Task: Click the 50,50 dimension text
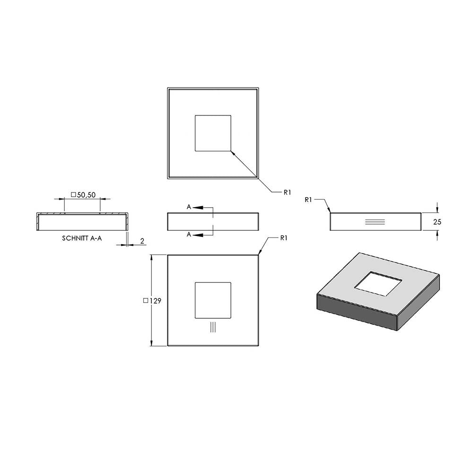[x=86, y=195]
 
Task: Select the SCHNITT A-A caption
[x=82, y=238]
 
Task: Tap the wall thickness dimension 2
[x=142, y=241]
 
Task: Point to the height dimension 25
[x=437, y=222]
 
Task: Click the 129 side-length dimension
[x=155, y=301]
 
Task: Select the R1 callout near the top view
[x=287, y=193]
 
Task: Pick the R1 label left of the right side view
[x=308, y=200]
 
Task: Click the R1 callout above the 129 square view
[x=283, y=238]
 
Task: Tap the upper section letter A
[x=189, y=207]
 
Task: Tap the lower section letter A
[x=189, y=235]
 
